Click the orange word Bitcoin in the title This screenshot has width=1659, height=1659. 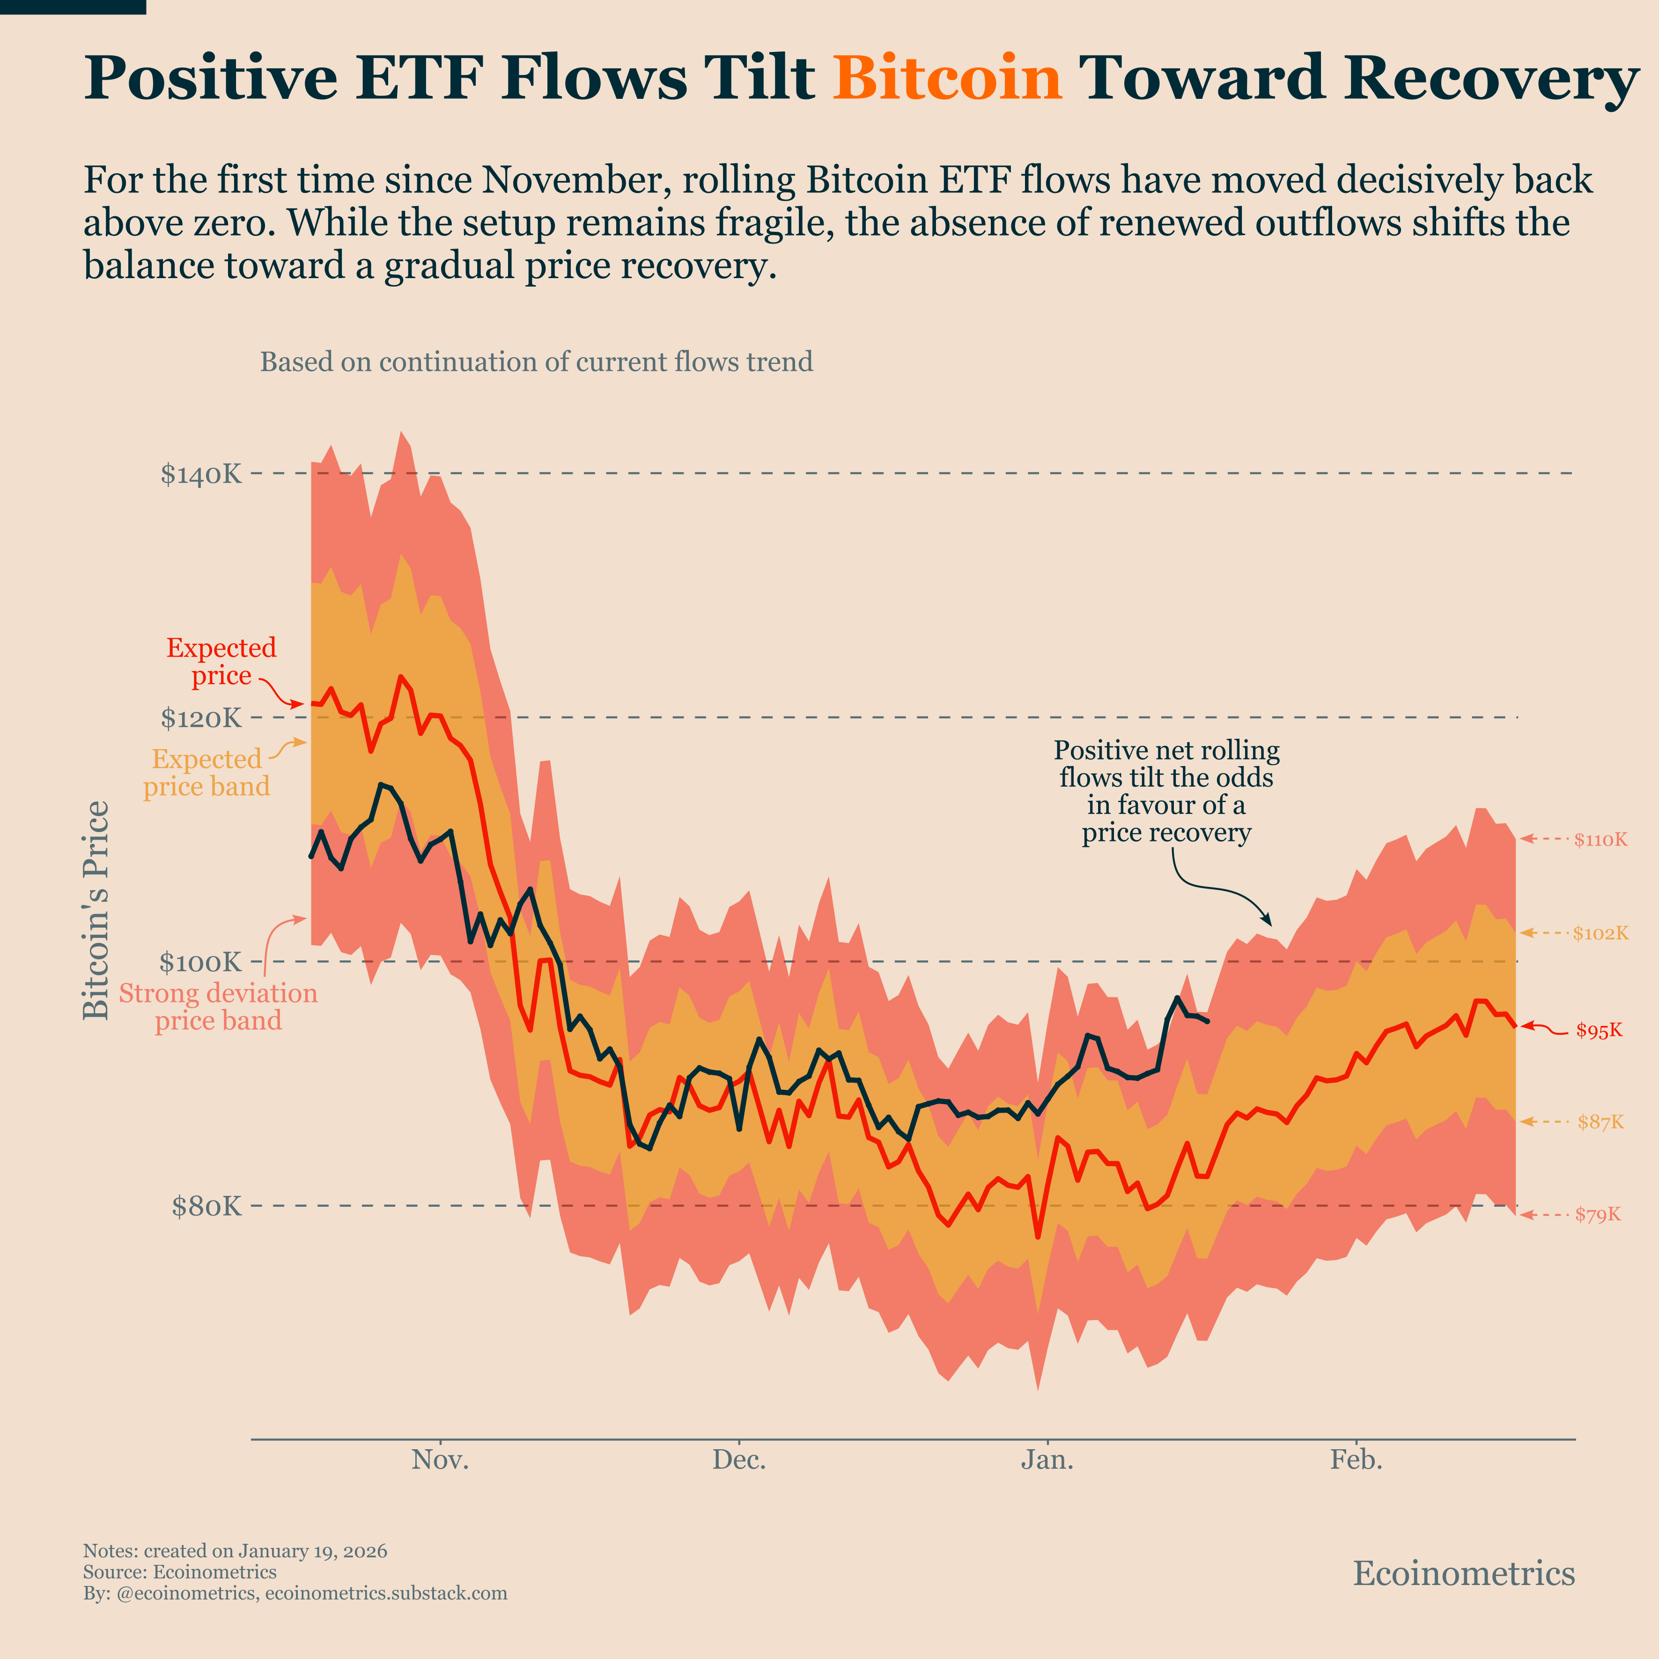tap(947, 79)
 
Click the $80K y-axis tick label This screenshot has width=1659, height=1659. tap(207, 1207)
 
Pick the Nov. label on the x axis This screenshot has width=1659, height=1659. tap(441, 1460)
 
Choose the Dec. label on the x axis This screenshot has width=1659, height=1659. tap(738, 1460)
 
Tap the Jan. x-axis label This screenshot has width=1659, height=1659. tap(1047, 1460)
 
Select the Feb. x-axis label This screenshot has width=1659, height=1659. tap(1357, 1460)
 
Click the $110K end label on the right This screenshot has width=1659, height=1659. tap(1600, 840)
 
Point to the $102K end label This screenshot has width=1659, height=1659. tap(1600, 933)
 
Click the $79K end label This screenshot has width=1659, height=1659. tap(1598, 1214)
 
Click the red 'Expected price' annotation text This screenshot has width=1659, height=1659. tap(221, 661)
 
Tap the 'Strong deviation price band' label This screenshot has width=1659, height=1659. tap(218, 1006)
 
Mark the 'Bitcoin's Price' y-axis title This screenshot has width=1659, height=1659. tap(96, 910)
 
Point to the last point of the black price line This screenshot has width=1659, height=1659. tap(1208, 1021)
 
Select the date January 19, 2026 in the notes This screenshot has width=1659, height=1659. tap(313, 1551)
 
